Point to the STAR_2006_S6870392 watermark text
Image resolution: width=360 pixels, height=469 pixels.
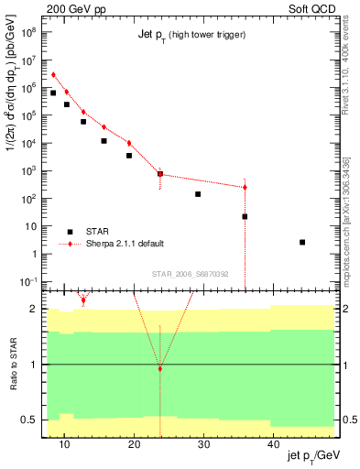click(191, 274)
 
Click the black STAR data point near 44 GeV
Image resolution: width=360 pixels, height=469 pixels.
click(302, 242)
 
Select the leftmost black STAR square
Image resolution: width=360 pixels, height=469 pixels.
click(53, 93)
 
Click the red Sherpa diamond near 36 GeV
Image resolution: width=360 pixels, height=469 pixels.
click(245, 188)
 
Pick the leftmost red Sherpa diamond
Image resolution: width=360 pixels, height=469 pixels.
click(53, 75)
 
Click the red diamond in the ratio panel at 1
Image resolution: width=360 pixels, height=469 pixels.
click(160, 369)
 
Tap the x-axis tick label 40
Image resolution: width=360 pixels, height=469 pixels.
click(274, 444)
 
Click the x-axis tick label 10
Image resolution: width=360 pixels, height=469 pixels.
click(64, 444)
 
